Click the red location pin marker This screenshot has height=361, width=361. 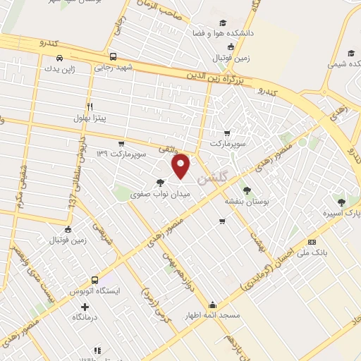coord(182,166)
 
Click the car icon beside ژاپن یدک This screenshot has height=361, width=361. coord(60,57)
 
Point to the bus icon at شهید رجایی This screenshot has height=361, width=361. coord(113,56)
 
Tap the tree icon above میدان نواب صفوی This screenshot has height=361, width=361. coord(161,181)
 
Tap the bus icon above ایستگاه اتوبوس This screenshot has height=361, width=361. coord(94,279)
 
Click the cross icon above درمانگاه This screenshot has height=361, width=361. coord(85,307)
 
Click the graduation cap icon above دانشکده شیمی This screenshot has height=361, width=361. coord(350,53)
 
